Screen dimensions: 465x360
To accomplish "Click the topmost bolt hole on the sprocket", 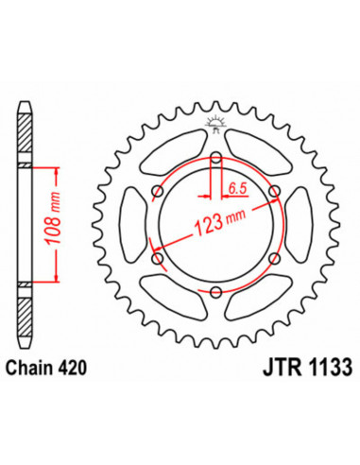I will pyautogui.click(x=215, y=158).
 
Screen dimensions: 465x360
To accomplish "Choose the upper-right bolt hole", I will pyautogui.click(x=274, y=192).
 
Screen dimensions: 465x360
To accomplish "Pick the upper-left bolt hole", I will pyautogui.click(x=158, y=192).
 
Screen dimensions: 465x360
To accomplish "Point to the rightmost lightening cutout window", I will pyautogui.click(x=300, y=225).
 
